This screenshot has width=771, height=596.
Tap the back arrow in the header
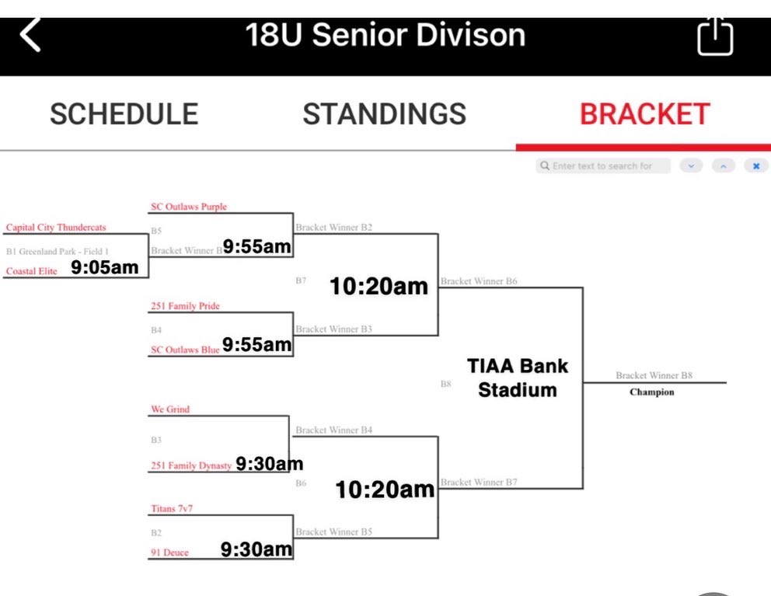[x=30, y=36]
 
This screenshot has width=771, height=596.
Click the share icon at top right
[x=715, y=37]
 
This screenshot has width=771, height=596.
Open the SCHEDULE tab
[x=124, y=114]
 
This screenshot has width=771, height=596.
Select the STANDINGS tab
[x=385, y=114]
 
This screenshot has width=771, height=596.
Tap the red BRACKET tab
[x=644, y=114]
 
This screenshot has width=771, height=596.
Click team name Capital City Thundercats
[x=56, y=228]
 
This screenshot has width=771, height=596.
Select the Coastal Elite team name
[x=32, y=271]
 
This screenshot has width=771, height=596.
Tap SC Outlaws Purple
[x=188, y=207]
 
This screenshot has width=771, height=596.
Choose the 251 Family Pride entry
[x=185, y=306]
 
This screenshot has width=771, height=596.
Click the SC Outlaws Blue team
[x=185, y=350]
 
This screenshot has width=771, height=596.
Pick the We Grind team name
[x=170, y=410]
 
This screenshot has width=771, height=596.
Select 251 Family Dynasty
[x=191, y=466]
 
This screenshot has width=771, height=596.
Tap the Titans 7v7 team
[x=173, y=509]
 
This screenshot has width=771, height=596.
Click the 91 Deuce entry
[x=169, y=552]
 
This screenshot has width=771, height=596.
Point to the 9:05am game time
[x=105, y=268]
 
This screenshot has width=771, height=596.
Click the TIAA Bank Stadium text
[x=518, y=378]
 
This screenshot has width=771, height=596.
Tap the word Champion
[x=652, y=392]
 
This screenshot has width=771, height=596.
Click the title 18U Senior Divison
[x=385, y=35]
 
